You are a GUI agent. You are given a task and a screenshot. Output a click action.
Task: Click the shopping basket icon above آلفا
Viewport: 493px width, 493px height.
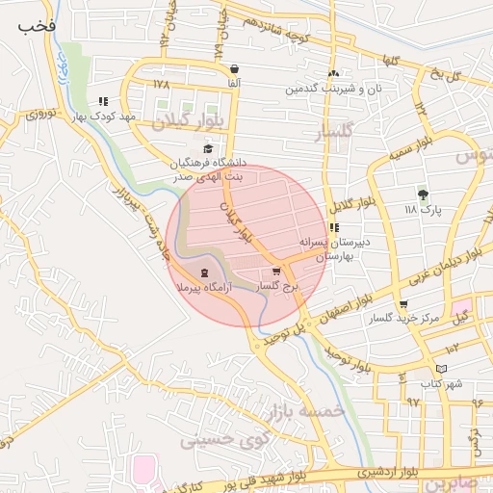tap(236, 69)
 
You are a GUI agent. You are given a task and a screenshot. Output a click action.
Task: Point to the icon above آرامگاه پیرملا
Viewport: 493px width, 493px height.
tap(203, 272)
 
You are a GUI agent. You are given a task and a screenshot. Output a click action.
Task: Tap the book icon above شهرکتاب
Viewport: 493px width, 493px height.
tap(441, 368)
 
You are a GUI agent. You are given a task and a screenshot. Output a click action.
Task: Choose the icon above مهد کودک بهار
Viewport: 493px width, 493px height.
tap(103, 101)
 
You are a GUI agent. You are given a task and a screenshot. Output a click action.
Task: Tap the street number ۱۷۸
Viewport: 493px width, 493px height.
tap(161, 84)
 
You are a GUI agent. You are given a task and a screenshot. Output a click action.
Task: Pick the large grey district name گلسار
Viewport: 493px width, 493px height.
tap(336, 131)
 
